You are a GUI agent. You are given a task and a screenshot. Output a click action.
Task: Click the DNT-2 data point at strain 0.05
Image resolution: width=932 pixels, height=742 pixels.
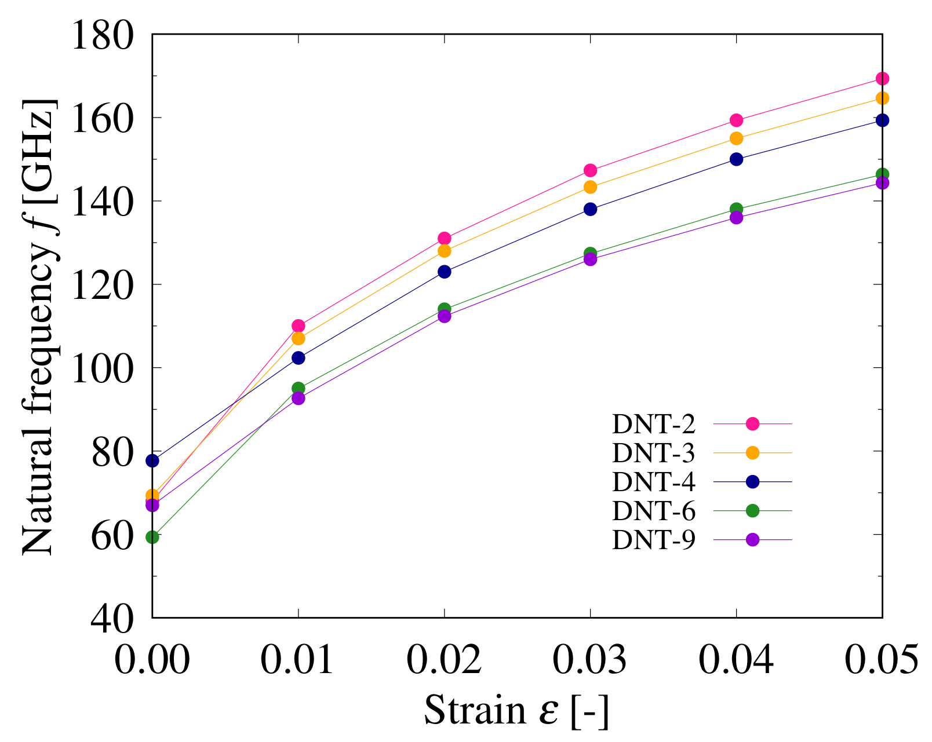coord(882,78)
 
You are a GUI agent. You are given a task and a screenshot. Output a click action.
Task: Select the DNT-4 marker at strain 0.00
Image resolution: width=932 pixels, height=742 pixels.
coord(152,460)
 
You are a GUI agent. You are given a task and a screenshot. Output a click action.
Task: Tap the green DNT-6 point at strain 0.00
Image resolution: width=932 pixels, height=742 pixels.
coord(152,537)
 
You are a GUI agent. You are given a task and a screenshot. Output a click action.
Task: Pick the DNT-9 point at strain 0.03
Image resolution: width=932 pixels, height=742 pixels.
coord(590,259)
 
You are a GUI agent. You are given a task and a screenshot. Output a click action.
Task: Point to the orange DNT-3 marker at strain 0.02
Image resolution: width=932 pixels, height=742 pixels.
coord(445,251)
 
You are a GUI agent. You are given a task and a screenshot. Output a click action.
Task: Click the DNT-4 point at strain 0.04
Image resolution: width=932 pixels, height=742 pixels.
coord(736,159)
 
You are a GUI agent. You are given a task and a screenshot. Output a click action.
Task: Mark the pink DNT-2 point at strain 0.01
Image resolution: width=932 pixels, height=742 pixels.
coord(298,326)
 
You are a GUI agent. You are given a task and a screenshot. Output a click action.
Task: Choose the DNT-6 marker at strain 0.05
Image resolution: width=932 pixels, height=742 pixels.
coord(882,174)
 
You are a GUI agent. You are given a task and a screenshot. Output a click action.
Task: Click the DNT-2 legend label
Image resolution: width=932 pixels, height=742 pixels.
coord(653,425)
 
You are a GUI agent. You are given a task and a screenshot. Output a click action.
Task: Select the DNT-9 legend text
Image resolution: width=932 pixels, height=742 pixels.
coord(653,540)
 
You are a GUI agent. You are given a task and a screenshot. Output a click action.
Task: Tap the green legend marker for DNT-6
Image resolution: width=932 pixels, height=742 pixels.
coord(752,510)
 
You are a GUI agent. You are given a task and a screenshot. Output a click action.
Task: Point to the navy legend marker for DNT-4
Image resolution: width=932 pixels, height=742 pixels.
coord(752,481)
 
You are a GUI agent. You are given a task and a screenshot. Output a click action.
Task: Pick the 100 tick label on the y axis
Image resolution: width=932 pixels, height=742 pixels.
coord(102,368)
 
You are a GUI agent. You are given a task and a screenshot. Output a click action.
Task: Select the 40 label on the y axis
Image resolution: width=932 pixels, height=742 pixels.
coord(112,618)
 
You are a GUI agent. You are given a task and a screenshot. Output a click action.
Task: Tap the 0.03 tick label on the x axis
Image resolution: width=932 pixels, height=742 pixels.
coord(590,659)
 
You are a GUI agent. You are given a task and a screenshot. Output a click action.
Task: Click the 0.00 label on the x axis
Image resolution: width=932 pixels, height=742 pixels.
coord(152,659)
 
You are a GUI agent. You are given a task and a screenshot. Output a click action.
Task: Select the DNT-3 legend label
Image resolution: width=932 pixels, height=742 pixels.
coord(653,454)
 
